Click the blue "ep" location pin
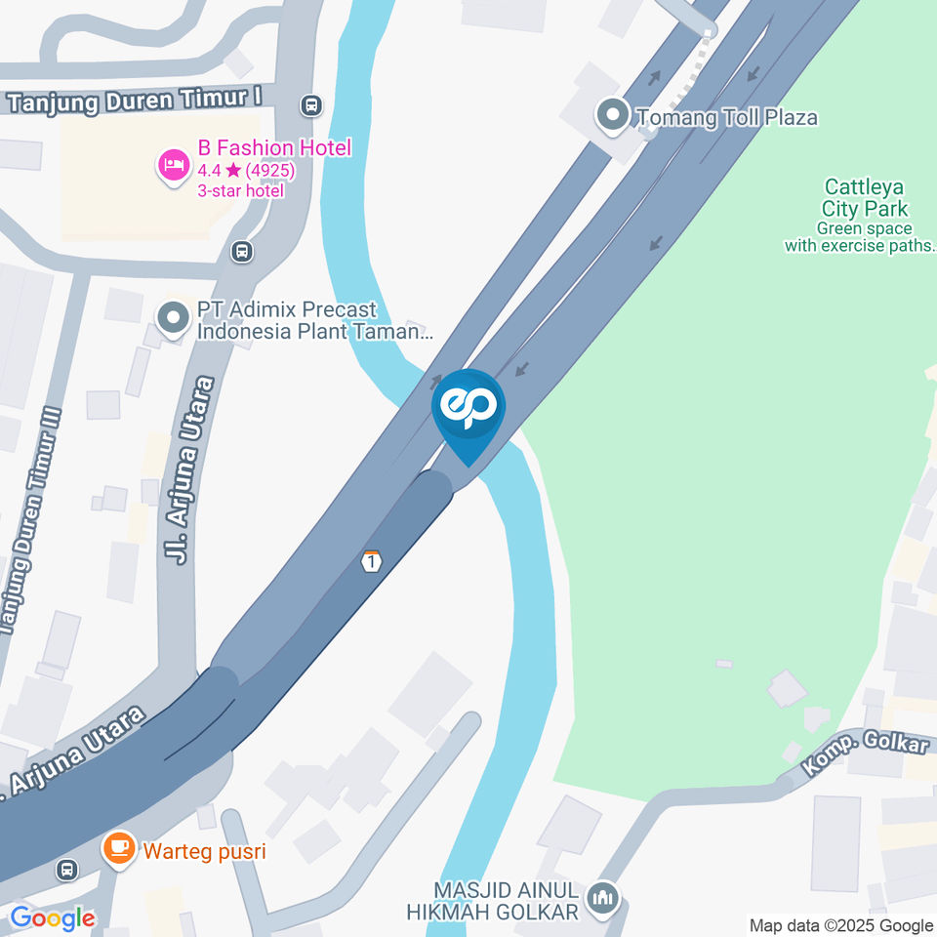click(468, 409)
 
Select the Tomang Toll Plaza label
click(726, 118)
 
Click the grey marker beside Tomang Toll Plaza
click(613, 116)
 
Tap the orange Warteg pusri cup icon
click(119, 850)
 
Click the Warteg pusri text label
click(204, 851)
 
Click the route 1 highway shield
click(371, 561)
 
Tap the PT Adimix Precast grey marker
click(174, 319)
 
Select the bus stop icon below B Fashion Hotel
click(241, 252)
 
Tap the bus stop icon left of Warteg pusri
click(66, 869)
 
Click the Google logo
click(52, 917)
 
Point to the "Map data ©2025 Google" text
click(840, 924)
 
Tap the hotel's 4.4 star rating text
click(246, 171)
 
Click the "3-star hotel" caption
click(240, 190)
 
